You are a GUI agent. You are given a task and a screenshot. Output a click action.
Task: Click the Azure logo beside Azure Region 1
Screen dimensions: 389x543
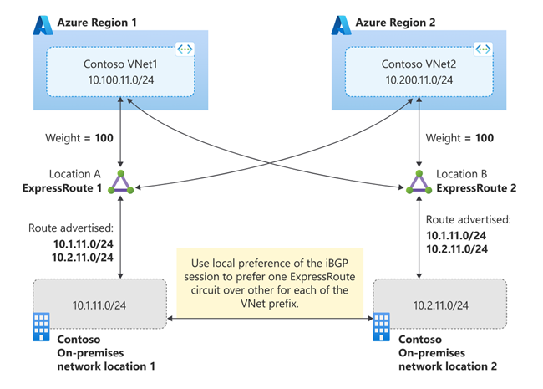[x=43, y=24]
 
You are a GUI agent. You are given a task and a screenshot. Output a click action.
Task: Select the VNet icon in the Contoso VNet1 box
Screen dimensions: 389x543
[x=187, y=51]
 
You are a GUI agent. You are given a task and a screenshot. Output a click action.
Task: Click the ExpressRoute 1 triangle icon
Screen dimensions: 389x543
[x=123, y=182]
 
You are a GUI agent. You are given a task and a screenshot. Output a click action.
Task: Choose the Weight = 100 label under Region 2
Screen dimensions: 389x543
[x=461, y=136]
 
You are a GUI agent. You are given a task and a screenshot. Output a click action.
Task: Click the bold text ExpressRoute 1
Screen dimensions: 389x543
[x=63, y=189]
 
